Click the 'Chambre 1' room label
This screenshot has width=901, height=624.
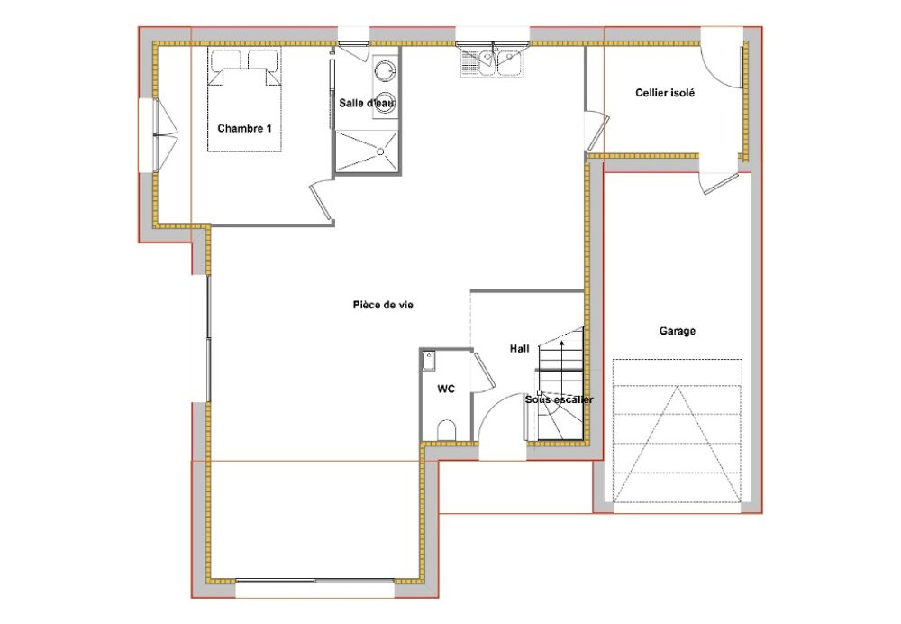(x=244, y=128)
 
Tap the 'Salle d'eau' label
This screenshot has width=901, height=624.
(x=368, y=103)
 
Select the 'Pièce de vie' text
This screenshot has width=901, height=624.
(x=383, y=305)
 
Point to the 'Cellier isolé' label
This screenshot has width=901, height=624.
(x=665, y=93)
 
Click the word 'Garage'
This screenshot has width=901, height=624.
(x=677, y=331)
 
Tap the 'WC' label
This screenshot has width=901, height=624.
(x=446, y=390)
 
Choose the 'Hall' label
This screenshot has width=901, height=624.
(x=520, y=348)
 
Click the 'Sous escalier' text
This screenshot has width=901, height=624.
(x=560, y=399)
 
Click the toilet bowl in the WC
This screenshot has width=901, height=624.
(x=447, y=430)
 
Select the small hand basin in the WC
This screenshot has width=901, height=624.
(x=429, y=362)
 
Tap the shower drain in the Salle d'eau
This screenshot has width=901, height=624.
(x=380, y=151)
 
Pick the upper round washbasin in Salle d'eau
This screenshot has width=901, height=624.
(x=385, y=71)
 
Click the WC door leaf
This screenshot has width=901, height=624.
(x=483, y=371)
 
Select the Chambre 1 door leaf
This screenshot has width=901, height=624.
(x=320, y=201)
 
